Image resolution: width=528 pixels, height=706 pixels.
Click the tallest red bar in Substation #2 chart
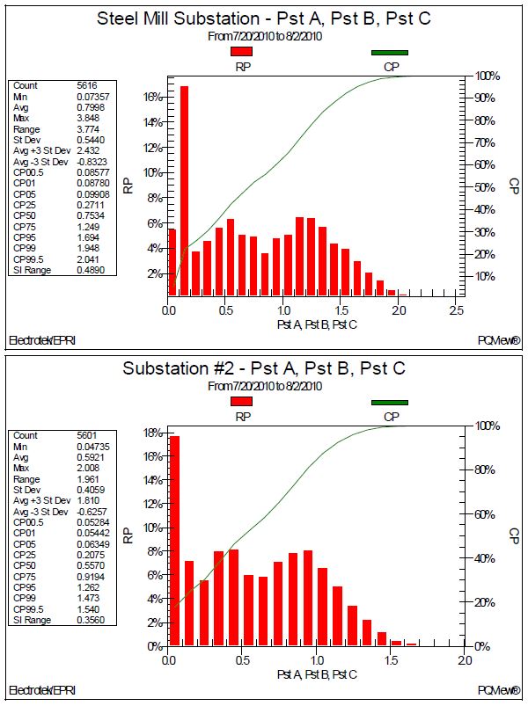pyautogui.click(x=174, y=541)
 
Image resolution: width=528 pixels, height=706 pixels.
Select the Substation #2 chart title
pyautogui.click(x=264, y=368)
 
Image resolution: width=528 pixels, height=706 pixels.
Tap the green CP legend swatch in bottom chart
pyautogui.click(x=389, y=403)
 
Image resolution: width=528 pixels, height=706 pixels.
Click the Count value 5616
pyautogui.click(x=87, y=85)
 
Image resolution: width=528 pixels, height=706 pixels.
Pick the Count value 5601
pyautogui.click(x=87, y=435)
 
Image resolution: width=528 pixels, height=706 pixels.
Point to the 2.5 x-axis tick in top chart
pyautogui.click(x=457, y=310)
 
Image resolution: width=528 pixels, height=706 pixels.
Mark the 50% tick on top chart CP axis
pyautogui.click(x=485, y=187)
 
